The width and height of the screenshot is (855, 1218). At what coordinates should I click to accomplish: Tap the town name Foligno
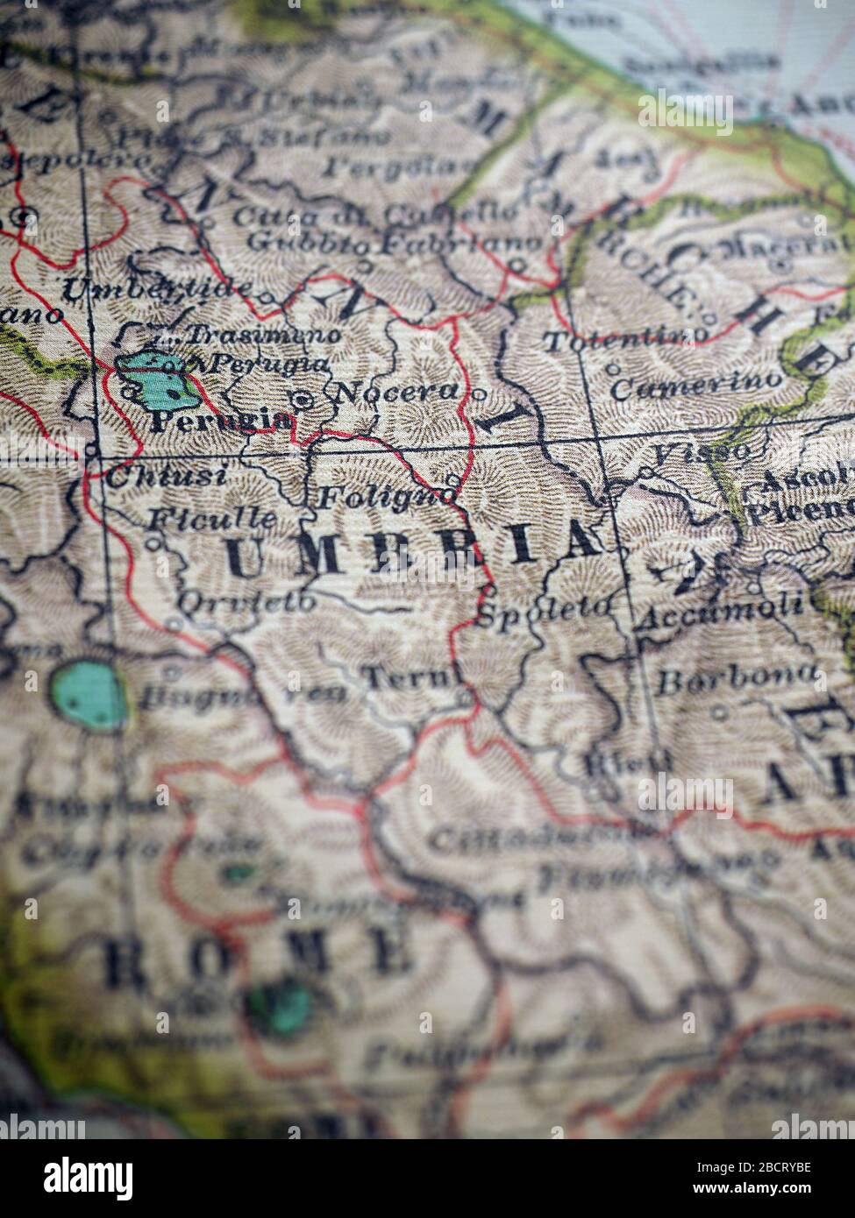pos(386,498)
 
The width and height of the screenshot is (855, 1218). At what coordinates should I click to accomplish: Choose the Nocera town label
pos(397,392)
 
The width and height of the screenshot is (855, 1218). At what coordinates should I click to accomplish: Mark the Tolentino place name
pos(625,337)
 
